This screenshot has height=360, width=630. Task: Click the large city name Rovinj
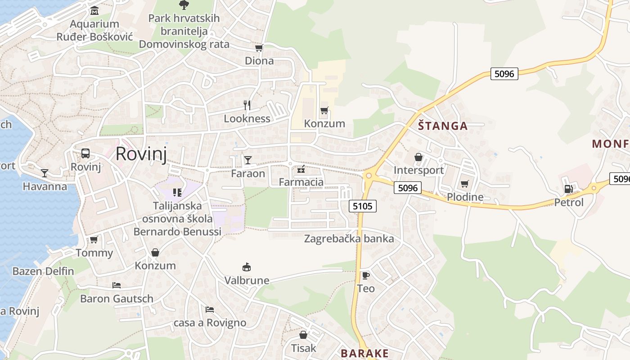[x=141, y=154]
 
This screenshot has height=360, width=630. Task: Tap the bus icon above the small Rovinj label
[x=85, y=153]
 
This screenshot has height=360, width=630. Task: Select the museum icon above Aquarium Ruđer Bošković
[x=94, y=10]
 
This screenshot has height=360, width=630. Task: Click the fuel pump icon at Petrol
[x=568, y=189]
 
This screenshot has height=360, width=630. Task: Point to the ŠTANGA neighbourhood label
[x=443, y=126]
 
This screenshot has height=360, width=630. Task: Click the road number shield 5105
[x=362, y=206]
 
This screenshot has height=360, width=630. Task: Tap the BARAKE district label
[x=364, y=353]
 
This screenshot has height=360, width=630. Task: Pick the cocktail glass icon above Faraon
[x=248, y=160]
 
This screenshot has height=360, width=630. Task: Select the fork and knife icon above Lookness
[x=247, y=105]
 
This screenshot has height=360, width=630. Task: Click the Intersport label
[x=418, y=170]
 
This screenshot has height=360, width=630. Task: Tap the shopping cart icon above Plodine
[x=464, y=184]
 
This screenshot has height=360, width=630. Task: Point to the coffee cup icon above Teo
[x=365, y=275]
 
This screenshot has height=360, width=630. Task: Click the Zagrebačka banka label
[x=349, y=238]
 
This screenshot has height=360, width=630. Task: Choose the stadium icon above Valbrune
[x=246, y=267]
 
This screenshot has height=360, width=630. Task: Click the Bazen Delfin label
[x=43, y=271]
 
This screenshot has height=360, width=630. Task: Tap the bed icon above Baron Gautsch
[x=116, y=285]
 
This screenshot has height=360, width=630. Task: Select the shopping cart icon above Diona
[x=259, y=48]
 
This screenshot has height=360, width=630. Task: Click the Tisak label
[x=304, y=348]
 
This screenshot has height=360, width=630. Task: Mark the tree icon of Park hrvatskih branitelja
[x=184, y=5]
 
